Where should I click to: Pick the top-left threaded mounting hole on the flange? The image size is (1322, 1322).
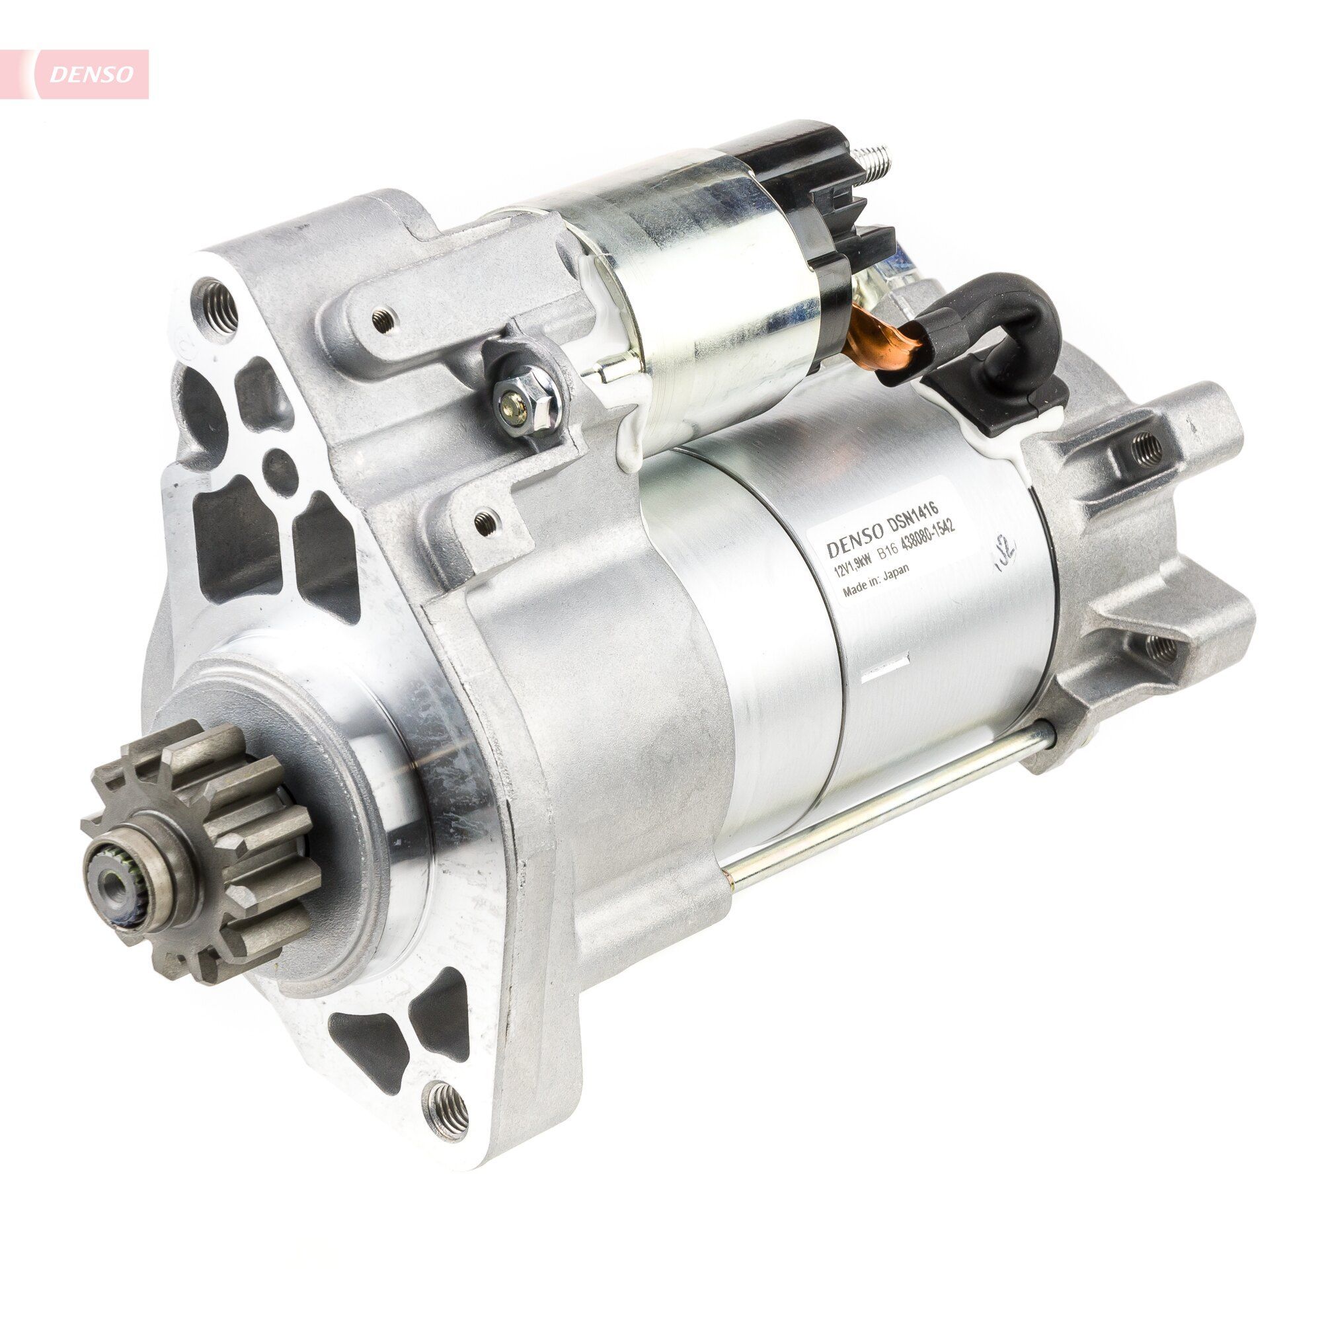(217, 300)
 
